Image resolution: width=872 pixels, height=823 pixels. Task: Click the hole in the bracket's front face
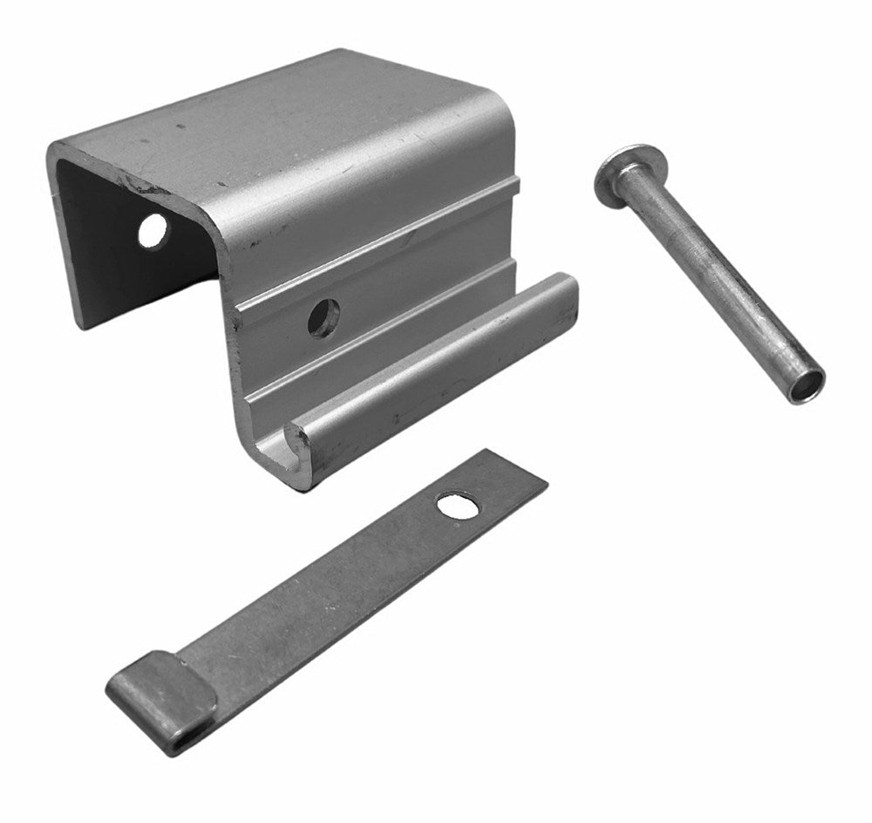(x=324, y=317)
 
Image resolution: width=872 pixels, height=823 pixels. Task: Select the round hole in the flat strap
(x=458, y=505)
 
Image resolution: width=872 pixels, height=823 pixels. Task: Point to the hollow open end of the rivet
(x=807, y=384)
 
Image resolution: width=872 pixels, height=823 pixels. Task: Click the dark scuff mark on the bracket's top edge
(x=140, y=186)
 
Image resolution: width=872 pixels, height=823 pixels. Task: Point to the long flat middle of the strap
(x=331, y=593)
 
